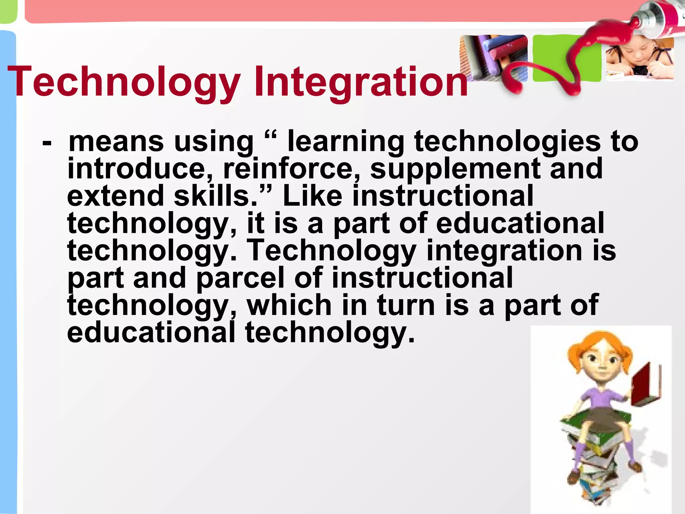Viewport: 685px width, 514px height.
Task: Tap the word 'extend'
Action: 115,196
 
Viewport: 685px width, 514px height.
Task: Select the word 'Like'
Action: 313,196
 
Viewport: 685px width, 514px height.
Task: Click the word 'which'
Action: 289,305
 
